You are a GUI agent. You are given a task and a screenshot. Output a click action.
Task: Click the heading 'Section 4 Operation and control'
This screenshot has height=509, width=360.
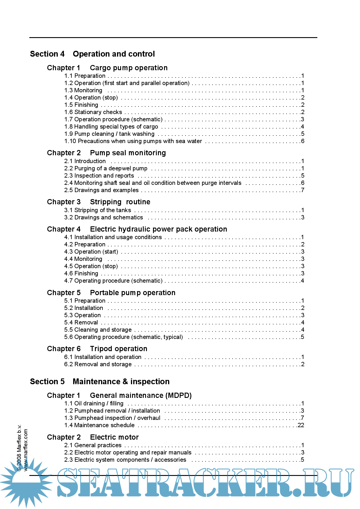click(92, 54)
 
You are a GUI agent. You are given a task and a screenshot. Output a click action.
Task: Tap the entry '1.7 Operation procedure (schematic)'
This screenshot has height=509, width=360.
click(114, 119)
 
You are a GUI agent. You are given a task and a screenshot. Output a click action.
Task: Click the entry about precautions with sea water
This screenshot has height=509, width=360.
click(133, 141)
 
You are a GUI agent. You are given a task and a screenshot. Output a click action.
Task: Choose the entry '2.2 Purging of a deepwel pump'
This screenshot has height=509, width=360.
click(106, 168)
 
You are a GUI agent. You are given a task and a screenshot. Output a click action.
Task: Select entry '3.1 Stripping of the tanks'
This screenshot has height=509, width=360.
click(98, 210)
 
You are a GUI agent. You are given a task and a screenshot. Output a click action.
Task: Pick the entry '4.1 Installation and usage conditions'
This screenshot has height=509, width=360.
click(113, 237)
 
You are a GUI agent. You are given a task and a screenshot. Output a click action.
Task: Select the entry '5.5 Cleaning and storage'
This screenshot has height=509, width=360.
click(98, 330)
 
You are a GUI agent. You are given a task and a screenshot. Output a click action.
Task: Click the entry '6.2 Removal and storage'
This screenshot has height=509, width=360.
click(98, 364)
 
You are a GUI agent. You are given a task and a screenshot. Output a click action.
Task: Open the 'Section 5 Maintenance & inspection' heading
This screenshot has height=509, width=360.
click(100, 382)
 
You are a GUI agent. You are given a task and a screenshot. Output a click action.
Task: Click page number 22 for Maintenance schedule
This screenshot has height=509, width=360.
click(301, 425)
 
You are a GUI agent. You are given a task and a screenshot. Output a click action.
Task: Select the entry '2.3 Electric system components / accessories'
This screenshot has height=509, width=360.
click(125, 460)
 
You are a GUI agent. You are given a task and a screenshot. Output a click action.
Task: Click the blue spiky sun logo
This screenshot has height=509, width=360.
click(26, 482)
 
